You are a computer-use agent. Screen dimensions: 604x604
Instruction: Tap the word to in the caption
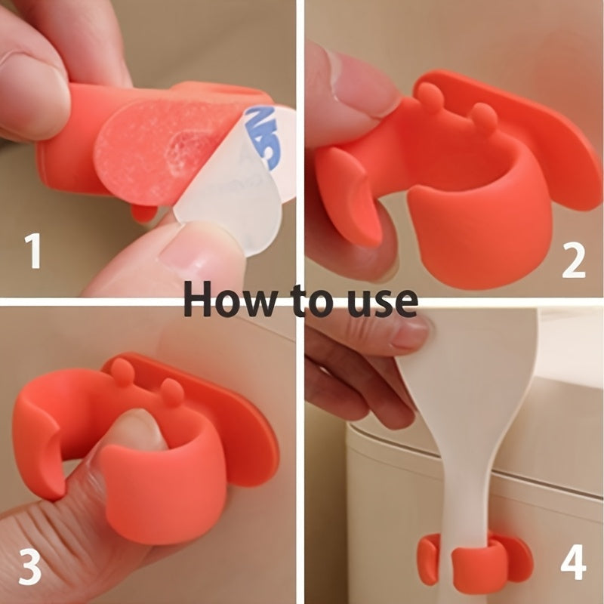click(305, 301)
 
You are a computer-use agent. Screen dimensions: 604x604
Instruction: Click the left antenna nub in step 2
click(430, 97)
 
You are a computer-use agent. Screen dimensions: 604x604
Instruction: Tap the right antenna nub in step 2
click(483, 117)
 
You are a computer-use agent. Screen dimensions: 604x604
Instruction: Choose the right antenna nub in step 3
click(173, 391)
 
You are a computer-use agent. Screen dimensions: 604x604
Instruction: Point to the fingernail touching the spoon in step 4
click(411, 333)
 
